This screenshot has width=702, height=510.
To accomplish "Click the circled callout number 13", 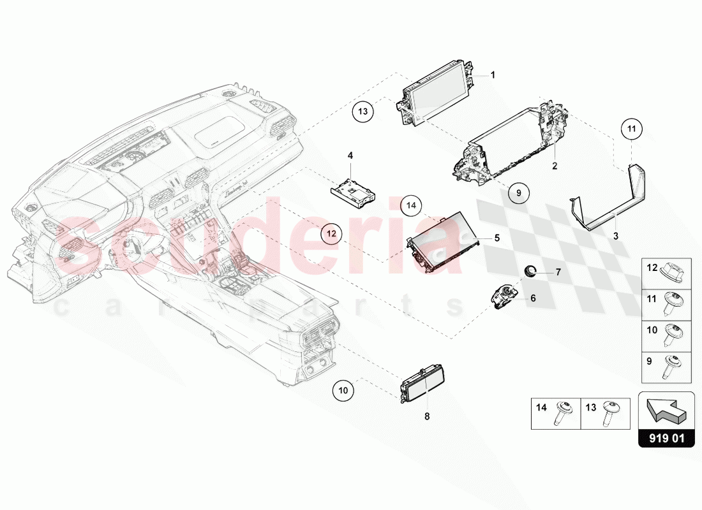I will coord(362,112).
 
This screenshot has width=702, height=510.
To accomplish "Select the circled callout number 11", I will coord(631,129).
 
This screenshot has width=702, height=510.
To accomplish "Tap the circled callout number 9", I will coord(519,192).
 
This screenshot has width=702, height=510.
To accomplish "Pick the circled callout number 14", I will coord(412,205).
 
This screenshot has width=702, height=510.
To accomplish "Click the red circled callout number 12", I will coord(331,234).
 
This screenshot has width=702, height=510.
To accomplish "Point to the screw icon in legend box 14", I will coord(564,411).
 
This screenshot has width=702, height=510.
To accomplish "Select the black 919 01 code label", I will coord(666,439).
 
